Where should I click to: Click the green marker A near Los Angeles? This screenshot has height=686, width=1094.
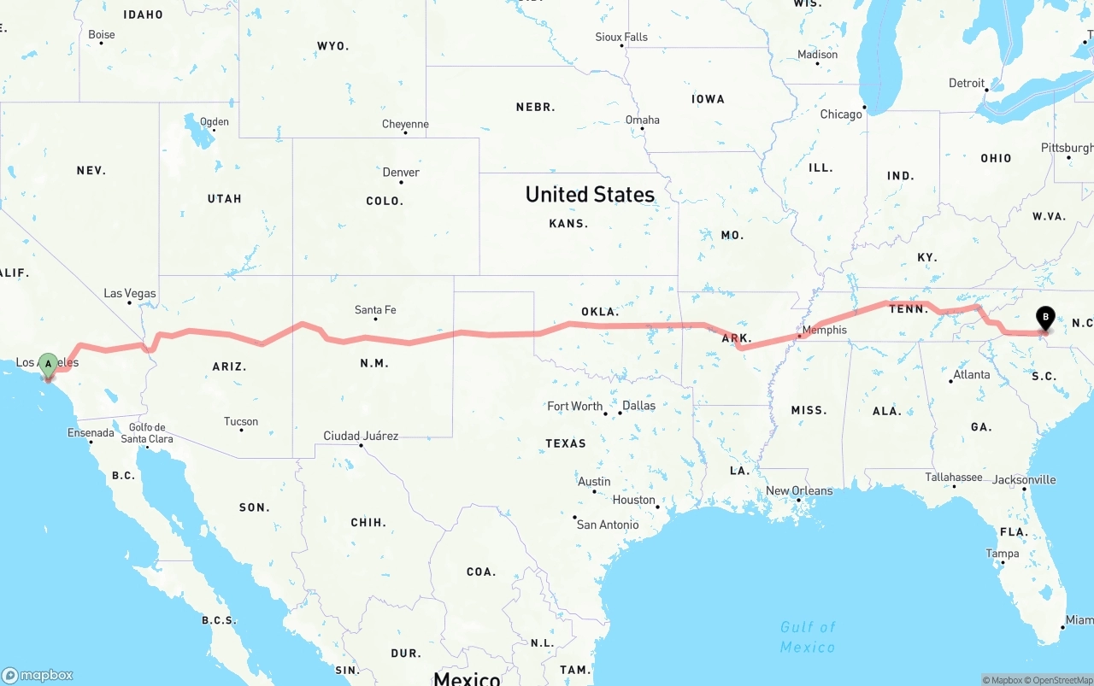tap(49, 365)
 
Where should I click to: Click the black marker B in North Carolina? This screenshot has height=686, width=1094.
tap(1044, 320)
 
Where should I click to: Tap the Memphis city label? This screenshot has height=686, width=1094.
tap(825, 330)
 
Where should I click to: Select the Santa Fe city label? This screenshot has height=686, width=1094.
tap(375, 310)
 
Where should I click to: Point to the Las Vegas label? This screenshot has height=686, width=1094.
tap(130, 293)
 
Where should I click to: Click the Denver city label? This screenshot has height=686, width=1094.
tap(401, 172)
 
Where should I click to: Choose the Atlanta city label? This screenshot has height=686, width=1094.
tap(972, 374)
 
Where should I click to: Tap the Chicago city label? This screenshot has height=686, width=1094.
tap(841, 114)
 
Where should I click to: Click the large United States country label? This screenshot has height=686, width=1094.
tap(590, 195)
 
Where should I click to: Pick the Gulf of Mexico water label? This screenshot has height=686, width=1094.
tap(808, 637)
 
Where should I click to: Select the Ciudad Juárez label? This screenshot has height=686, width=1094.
tap(361, 436)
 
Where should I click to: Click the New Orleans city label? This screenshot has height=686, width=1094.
tap(799, 490)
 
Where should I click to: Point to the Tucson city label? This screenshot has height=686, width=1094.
tap(241, 421)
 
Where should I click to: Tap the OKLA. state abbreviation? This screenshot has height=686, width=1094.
tap(600, 312)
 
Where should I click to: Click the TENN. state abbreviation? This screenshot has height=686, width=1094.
tap(909, 308)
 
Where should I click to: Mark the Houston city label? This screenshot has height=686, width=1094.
tap(634, 500)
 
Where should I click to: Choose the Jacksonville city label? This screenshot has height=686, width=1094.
tap(1024, 479)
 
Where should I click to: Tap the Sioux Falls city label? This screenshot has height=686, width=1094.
tap(621, 37)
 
